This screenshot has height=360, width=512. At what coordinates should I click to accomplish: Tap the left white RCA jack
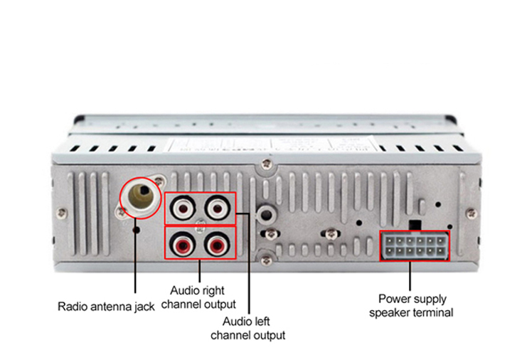pyautogui.click(x=183, y=208)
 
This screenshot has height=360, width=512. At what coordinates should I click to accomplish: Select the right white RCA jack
pyautogui.click(x=216, y=208)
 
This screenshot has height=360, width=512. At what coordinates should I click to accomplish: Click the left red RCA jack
pyautogui.click(x=183, y=245)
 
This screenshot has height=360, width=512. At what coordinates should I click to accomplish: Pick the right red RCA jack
pyautogui.click(x=216, y=245)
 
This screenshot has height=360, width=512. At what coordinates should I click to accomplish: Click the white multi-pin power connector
pyautogui.click(x=416, y=246)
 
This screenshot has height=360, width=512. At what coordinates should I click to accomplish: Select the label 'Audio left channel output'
pyautogui.click(x=248, y=328)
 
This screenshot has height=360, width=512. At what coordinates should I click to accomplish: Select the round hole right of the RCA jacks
pyautogui.click(x=266, y=213)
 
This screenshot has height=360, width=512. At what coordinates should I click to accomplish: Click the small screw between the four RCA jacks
pyautogui.click(x=200, y=227)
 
